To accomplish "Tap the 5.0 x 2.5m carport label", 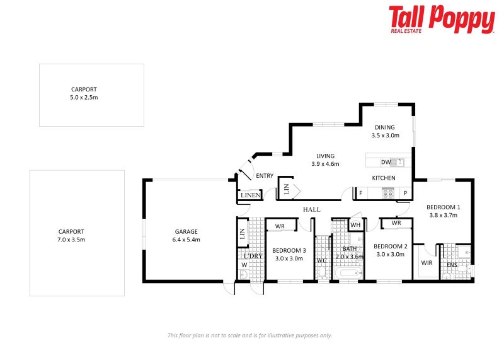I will click(84, 94).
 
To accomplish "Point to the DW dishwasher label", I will click(385, 162).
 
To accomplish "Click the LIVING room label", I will click(325, 160).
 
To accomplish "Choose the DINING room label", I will click(386, 131).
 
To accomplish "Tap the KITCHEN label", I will click(383, 178).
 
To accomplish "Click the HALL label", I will click(312, 209).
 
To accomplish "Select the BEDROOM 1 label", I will click(444, 211).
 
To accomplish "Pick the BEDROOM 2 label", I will click(390, 250).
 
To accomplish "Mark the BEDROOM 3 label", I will click(289, 254).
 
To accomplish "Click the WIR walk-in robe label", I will click(427, 263).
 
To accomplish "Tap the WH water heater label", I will click(355, 224).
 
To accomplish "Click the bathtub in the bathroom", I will click(348, 274).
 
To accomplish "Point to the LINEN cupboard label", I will click(250, 195).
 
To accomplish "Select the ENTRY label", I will click(265, 176).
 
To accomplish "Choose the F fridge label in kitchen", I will click(361, 194).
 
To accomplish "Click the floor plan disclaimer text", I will click(249, 335).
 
